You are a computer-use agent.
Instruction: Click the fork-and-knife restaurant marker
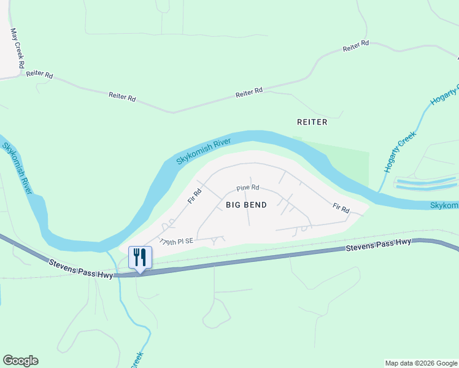pyautogui.click(x=140, y=257)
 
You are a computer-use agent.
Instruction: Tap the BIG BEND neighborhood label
pyautogui.click(x=246, y=205)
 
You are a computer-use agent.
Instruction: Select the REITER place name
pyautogui.click(x=312, y=122)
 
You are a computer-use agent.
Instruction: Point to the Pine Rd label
pyautogui.click(x=248, y=188)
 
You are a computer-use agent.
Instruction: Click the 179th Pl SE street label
pyautogui.click(x=176, y=241)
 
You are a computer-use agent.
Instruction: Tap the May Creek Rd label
pyautogui.click(x=17, y=48)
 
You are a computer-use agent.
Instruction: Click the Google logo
pyautogui.click(x=20, y=361)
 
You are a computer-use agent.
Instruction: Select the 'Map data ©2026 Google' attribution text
pyautogui.click(x=420, y=363)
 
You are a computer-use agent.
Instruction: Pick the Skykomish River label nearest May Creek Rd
pyautogui.click(x=17, y=168)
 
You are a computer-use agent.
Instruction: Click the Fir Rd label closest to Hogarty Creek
pyautogui.click(x=341, y=209)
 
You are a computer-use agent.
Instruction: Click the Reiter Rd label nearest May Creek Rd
pyautogui.click(x=40, y=74)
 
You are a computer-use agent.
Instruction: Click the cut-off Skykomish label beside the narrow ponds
pyautogui.click(x=444, y=205)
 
